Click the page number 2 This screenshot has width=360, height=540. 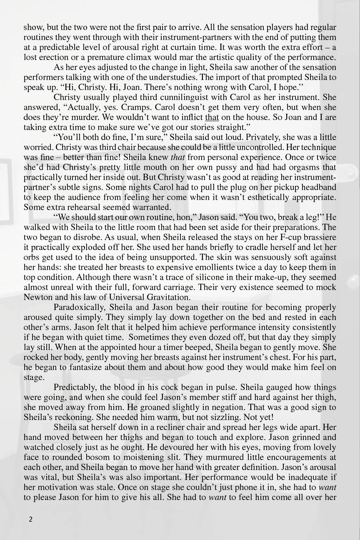[30, 519]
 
